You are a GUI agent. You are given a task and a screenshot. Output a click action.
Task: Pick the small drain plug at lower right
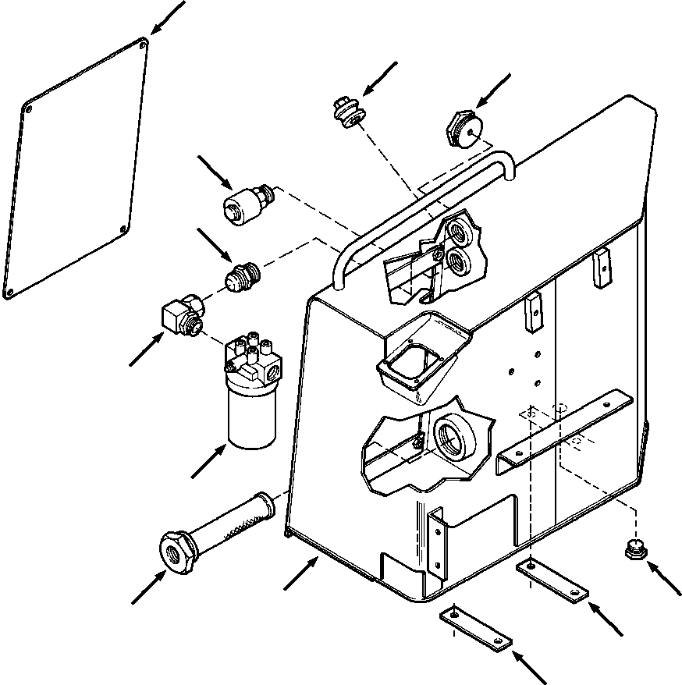pos(634,550)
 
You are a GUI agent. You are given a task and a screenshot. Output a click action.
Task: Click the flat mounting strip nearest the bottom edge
pos(477,629)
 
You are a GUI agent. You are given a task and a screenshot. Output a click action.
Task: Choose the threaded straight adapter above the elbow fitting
pos(243,278)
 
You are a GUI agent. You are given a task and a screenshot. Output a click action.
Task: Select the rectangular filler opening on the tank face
pos(411,360)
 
